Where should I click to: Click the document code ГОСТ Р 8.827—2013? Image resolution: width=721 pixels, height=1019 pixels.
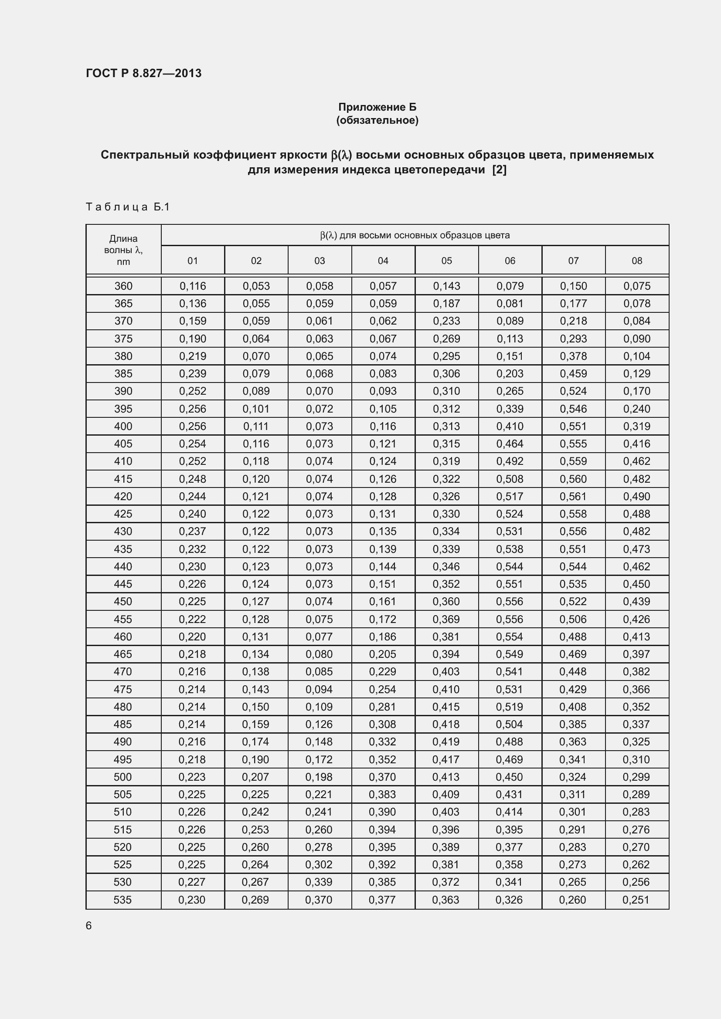143,73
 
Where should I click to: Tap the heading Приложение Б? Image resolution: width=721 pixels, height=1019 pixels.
377,107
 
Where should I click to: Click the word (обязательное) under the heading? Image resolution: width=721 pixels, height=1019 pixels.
377,120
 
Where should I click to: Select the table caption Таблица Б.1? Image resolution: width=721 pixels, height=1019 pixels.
128,207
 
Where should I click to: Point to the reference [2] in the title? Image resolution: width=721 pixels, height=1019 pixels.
499,169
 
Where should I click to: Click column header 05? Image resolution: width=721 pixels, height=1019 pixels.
446,261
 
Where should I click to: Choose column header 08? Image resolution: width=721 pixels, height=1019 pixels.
636,261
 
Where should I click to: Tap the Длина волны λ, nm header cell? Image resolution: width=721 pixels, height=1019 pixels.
123,250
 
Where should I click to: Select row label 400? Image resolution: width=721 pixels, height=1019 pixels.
123,426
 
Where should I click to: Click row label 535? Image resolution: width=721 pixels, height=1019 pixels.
123,900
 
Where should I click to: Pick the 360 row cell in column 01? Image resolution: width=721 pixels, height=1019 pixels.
193,286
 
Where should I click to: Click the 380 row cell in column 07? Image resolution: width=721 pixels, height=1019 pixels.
573,356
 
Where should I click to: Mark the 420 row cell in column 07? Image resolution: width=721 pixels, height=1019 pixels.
573,496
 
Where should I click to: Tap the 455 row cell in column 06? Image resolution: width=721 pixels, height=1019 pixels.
510,619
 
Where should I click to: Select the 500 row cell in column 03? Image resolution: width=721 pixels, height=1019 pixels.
319,777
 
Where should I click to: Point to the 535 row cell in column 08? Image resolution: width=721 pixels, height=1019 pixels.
636,900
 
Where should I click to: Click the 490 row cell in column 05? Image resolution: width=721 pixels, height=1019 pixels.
446,741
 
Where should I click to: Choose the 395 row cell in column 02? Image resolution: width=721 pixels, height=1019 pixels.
256,409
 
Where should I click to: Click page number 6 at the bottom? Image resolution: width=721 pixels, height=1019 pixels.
89,926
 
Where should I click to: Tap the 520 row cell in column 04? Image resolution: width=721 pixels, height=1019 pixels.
382,847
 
